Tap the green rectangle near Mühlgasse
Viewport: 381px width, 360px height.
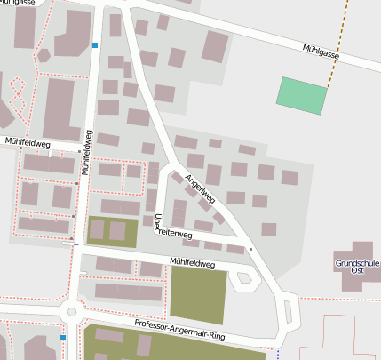pos(301,95)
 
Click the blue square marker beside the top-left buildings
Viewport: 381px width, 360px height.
pos(95,44)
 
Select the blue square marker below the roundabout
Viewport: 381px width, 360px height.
pos(63,338)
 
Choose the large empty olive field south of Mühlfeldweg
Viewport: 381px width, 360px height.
pos(197,295)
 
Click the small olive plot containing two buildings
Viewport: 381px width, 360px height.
pos(112,232)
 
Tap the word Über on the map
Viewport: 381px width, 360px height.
pos(159,222)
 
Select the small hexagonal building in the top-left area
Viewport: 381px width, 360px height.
pos(44,55)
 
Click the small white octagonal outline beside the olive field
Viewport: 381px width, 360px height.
pos(242,279)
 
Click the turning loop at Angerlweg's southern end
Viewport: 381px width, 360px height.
pos(286,311)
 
